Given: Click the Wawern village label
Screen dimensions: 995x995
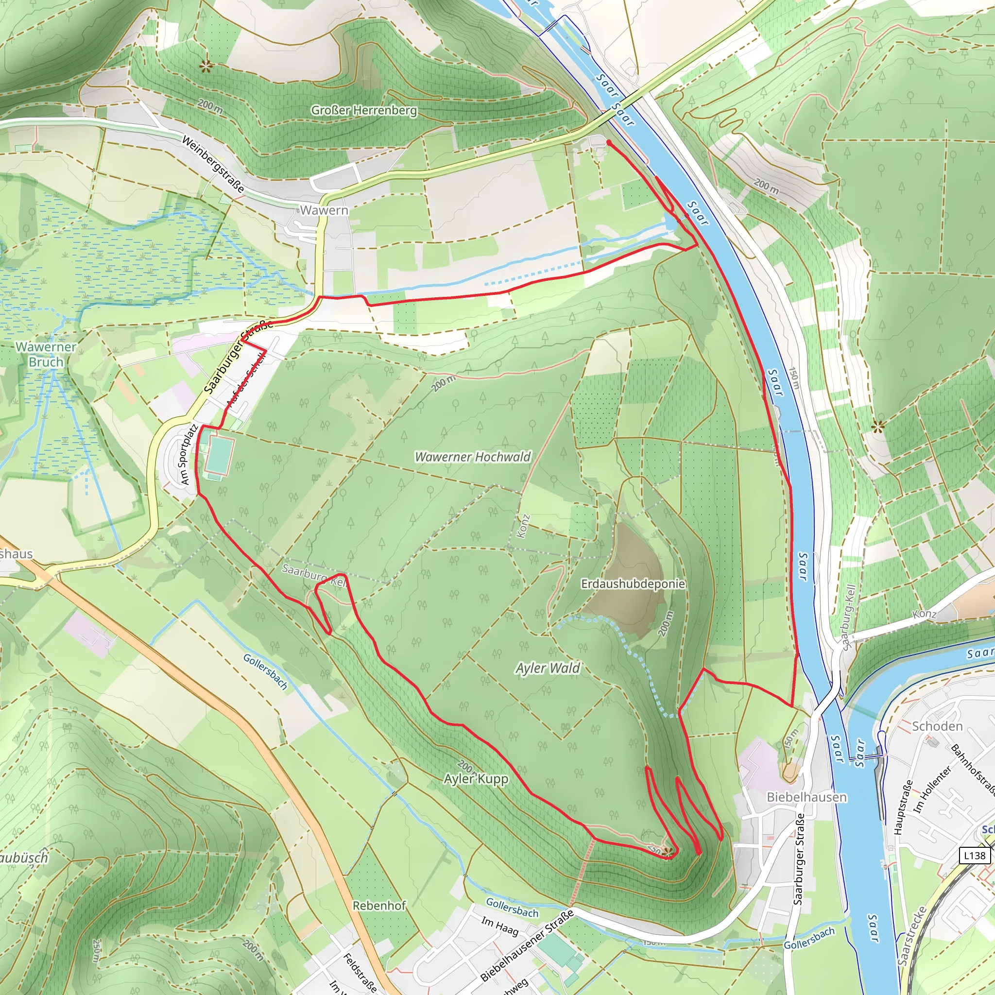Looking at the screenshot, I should (324, 210).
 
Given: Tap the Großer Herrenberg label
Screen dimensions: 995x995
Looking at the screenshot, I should (363, 110).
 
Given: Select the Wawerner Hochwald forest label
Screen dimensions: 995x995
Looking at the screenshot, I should (472, 457).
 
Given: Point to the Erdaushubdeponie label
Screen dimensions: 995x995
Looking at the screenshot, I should (633, 583).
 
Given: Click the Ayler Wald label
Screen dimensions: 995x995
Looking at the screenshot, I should (548, 669).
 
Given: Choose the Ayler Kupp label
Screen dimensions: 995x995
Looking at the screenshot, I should (476, 778).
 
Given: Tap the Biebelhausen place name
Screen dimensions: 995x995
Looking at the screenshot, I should (806, 797).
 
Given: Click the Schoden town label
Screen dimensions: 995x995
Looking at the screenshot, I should (937, 726).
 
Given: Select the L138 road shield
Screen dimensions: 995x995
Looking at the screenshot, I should (975, 856).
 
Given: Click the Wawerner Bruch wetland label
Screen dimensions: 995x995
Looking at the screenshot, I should (46, 354).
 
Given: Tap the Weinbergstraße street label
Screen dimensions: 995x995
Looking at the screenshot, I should (213, 164).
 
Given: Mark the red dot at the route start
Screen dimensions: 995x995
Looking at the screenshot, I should (609, 143).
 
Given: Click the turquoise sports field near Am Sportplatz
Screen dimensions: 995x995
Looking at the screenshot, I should (220, 454).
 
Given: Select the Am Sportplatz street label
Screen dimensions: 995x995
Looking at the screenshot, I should (189, 454).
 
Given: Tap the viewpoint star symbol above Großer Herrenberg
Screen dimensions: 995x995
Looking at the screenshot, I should (206, 66).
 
